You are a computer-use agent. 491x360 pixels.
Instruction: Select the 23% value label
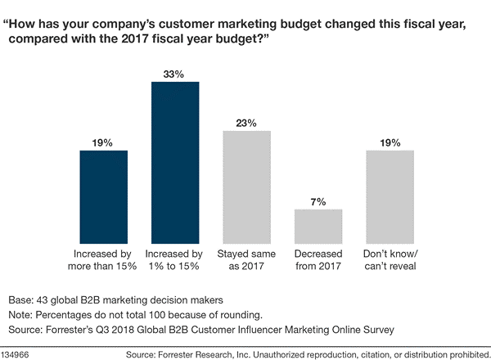246,123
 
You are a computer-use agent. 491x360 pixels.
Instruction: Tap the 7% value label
318,201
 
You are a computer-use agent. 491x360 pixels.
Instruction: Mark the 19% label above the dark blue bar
103,142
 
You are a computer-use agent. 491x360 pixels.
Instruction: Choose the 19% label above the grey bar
390,142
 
